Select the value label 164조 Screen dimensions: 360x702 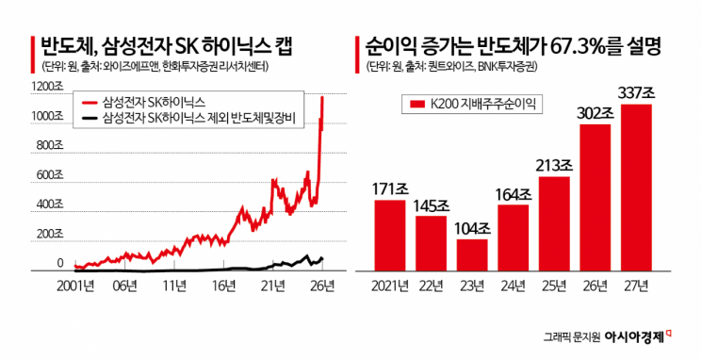512,194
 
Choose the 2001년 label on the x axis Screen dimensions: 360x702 80,286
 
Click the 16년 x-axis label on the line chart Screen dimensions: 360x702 224,286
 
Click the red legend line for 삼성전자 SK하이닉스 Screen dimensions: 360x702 91,101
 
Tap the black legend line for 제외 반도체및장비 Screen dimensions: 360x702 91,118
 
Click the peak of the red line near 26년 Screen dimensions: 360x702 323,96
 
